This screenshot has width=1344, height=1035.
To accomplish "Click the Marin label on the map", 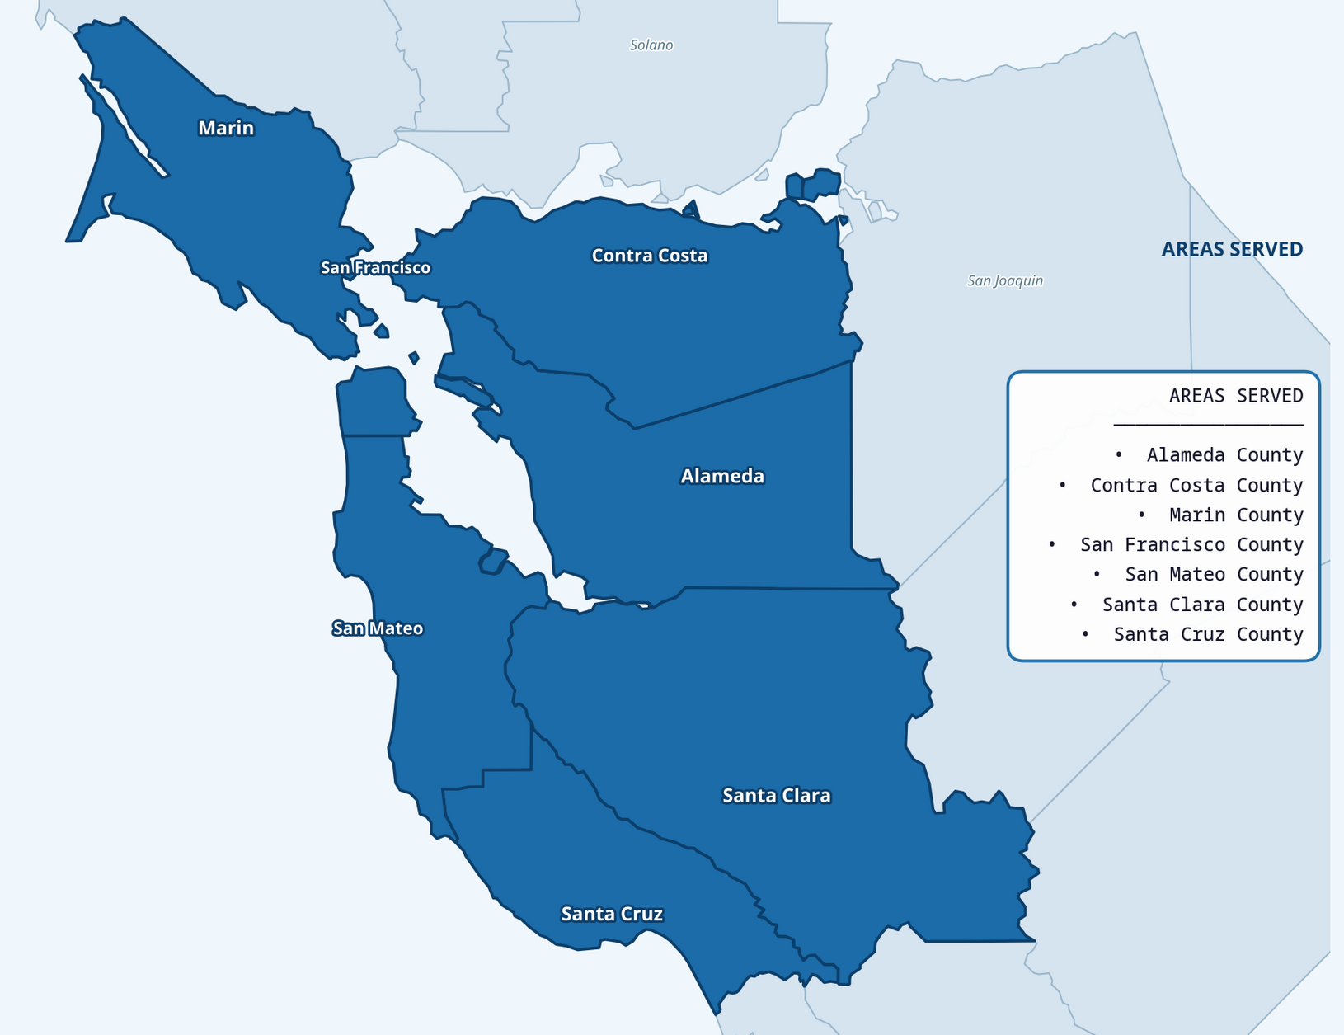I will click(x=226, y=128).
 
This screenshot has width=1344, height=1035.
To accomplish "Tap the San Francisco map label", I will click(x=375, y=267).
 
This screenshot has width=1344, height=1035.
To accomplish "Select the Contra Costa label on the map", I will click(x=650, y=256).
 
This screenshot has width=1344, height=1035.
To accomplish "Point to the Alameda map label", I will click(x=722, y=476).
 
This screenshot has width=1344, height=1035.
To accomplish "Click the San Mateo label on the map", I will click(x=378, y=628).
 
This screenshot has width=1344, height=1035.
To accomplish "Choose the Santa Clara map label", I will click(x=776, y=795).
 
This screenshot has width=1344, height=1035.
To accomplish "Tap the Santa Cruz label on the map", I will click(x=612, y=914).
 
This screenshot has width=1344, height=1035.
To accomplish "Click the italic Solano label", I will click(x=651, y=45).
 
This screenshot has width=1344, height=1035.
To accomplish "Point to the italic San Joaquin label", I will click(x=1005, y=280).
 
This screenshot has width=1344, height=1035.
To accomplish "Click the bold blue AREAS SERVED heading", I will click(x=1232, y=249).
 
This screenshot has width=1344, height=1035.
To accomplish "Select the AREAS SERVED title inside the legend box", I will click(x=1235, y=396).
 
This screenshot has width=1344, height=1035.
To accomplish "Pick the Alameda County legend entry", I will click(x=1224, y=455).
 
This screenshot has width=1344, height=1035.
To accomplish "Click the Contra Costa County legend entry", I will click(x=1196, y=485).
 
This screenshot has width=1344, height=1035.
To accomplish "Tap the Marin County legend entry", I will click(x=1236, y=515).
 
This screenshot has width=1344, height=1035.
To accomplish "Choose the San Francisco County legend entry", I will click(x=1191, y=544).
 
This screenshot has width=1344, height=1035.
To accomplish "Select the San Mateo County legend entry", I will click(x=1214, y=574).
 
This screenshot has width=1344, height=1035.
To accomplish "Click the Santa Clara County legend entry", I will click(x=1202, y=605).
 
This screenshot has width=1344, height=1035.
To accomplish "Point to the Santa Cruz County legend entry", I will click(x=1208, y=634).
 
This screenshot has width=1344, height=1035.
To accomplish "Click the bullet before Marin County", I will click(x=1141, y=515).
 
